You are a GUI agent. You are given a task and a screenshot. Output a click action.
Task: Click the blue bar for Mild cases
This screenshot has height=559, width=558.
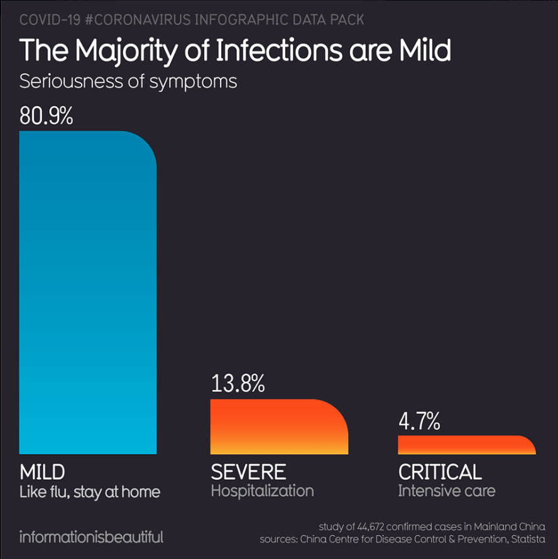pyautogui.click(x=88, y=292)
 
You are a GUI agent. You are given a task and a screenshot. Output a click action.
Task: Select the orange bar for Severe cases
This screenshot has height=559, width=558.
pyautogui.click(x=278, y=426)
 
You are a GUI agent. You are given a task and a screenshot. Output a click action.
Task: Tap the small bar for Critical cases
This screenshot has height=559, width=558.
pyautogui.click(x=466, y=445)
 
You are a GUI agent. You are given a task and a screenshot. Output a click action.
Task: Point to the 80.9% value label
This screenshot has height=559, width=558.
pyautogui.click(x=46, y=116)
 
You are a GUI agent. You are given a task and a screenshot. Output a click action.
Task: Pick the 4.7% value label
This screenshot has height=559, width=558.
pyautogui.click(x=419, y=421)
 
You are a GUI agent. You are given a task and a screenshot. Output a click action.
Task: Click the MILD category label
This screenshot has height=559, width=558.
pyautogui.click(x=42, y=472)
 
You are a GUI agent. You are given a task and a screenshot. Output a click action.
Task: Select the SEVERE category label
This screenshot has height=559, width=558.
pyautogui.click(x=248, y=472)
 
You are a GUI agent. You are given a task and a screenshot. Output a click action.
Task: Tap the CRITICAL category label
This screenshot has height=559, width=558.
pyautogui.click(x=440, y=472)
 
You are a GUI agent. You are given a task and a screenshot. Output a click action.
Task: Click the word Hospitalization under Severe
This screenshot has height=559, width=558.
pyautogui.click(x=262, y=491)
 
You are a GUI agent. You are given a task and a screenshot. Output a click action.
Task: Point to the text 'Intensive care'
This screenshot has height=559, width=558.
pyautogui.click(x=446, y=491)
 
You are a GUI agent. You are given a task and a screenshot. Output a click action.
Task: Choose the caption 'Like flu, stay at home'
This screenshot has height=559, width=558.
pyautogui.click(x=90, y=492)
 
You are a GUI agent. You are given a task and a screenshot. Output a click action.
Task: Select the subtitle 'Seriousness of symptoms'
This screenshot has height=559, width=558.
pyautogui.click(x=128, y=82)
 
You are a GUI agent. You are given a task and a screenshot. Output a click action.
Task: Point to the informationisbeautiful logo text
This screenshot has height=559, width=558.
pyautogui.click(x=92, y=537)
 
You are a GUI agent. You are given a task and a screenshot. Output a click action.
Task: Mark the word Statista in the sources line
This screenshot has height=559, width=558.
pyautogui.click(x=526, y=540)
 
